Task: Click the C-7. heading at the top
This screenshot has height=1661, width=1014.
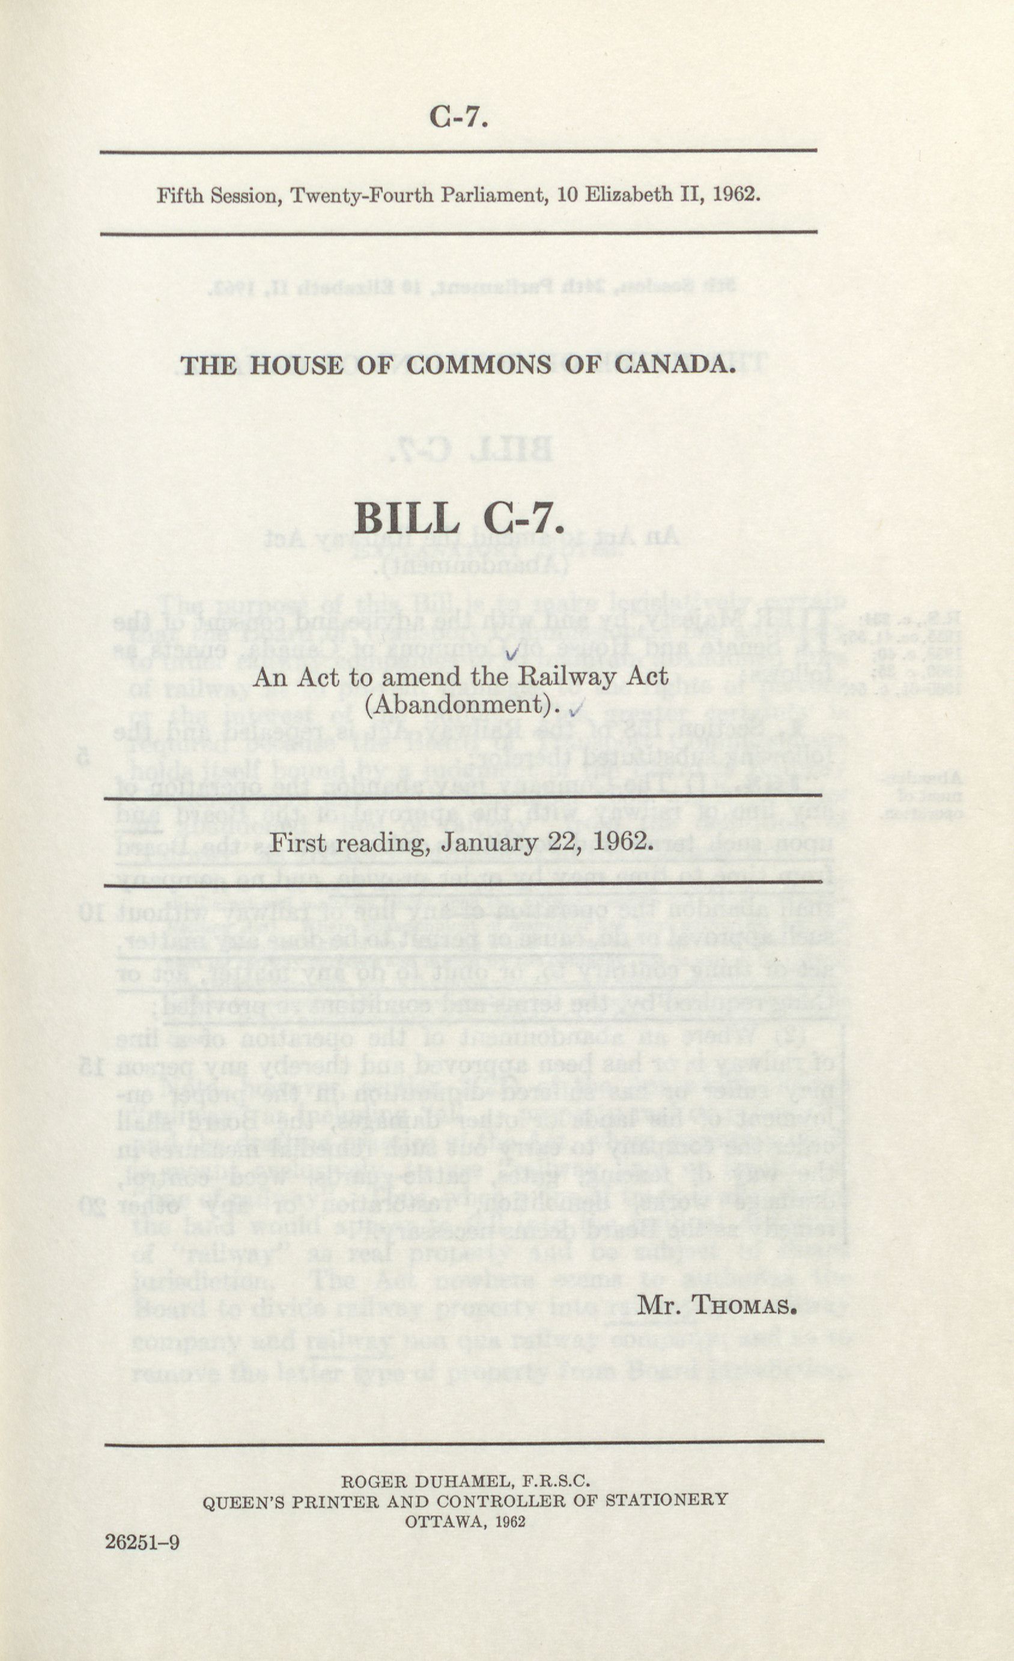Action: (x=458, y=117)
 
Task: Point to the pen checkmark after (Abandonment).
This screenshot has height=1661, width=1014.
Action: (x=575, y=708)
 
